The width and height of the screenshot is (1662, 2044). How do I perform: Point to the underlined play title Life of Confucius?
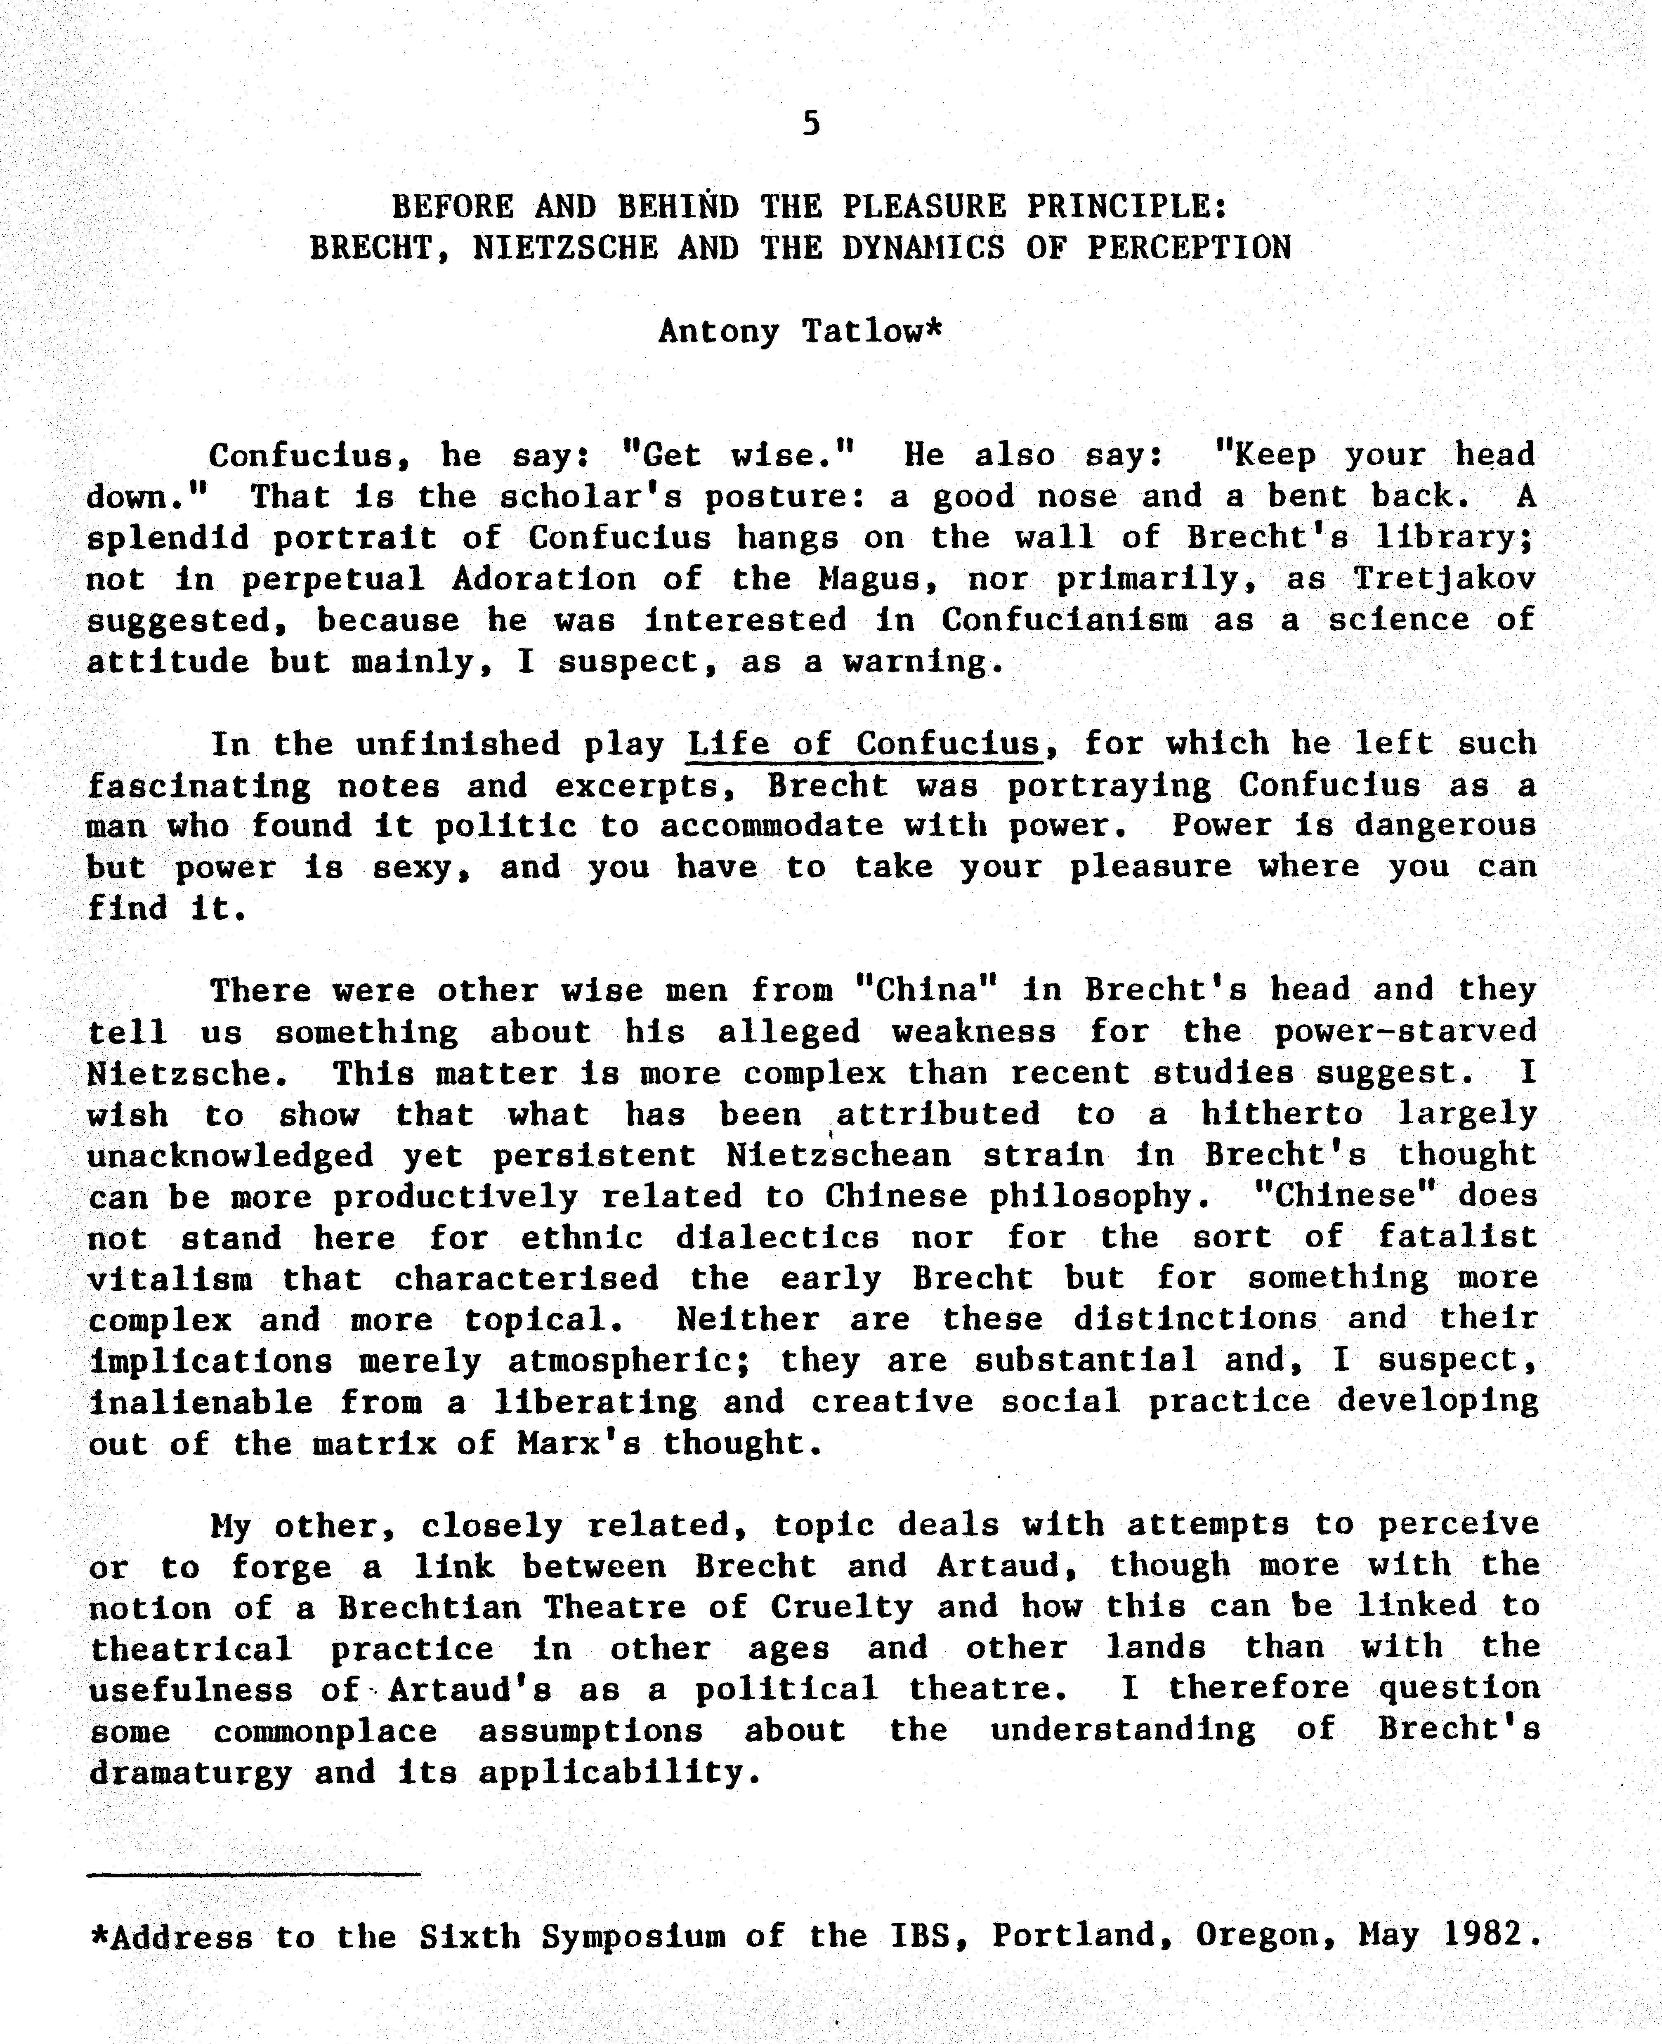point(864,743)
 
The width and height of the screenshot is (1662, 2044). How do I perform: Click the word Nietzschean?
point(839,1156)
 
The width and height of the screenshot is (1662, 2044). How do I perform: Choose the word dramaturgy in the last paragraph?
point(189,1773)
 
